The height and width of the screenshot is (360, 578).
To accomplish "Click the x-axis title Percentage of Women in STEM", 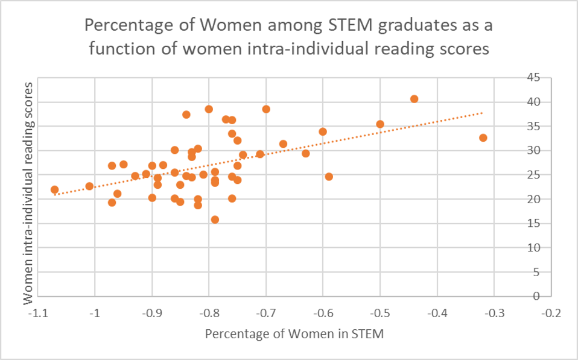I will (x=294, y=333).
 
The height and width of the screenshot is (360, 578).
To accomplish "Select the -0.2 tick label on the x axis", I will (x=551, y=314).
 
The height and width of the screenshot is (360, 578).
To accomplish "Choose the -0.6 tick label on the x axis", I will (x=323, y=314).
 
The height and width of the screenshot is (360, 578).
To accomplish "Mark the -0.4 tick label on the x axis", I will (x=437, y=314).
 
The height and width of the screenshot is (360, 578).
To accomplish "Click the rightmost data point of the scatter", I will (x=483, y=138).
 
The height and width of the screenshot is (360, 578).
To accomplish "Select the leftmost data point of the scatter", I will (x=55, y=190).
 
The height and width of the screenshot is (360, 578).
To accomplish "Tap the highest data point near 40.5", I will (x=414, y=99).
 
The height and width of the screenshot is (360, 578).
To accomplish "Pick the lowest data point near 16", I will (x=215, y=219).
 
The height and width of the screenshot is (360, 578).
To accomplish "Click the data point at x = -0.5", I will (x=380, y=124).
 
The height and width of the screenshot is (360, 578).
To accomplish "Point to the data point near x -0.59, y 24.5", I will (x=329, y=177).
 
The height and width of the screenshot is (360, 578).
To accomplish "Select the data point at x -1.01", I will (x=89, y=186).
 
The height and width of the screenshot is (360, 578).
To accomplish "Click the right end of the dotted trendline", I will (x=482, y=112).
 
